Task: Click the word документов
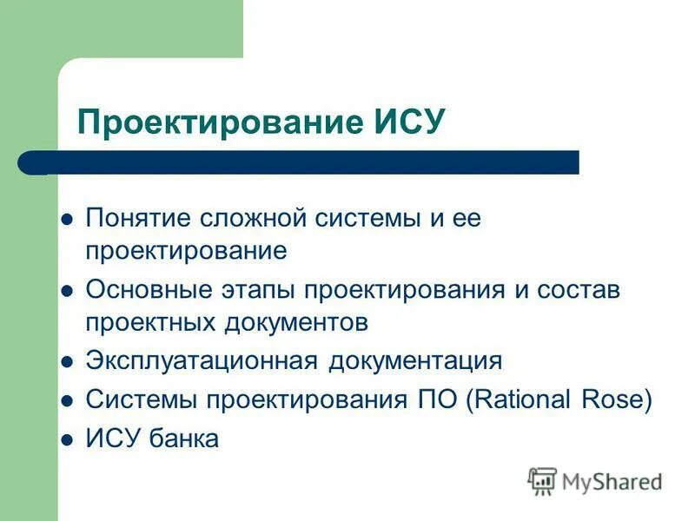coord(297,323)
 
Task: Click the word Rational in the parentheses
coord(523,399)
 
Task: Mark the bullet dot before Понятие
coord(65,221)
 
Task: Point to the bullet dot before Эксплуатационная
coord(65,362)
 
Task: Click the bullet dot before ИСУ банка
coord(65,440)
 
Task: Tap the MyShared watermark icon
coord(542,480)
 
